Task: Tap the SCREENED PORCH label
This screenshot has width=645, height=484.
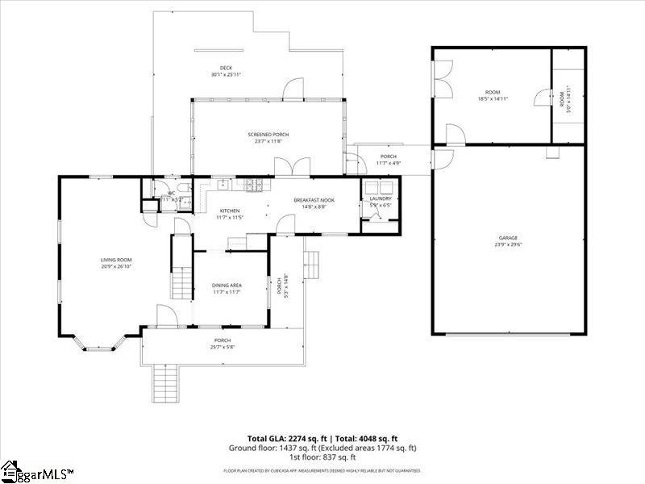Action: point(268,135)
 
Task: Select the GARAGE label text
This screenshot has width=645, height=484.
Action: point(507,237)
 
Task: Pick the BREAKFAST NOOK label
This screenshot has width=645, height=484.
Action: point(314,200)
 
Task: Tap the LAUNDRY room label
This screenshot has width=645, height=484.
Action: point(380,198)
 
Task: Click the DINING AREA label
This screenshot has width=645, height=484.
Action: point(227,285)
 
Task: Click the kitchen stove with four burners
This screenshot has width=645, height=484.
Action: point(255,185)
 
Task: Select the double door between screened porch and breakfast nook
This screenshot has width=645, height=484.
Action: point(288,168)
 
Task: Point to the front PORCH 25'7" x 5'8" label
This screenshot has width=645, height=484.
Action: point(223,344)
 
